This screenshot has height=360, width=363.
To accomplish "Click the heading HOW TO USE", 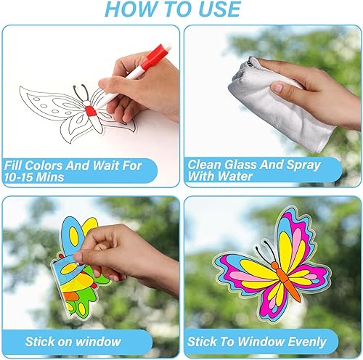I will click(181, 9).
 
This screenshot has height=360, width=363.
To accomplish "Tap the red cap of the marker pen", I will click(155, 57).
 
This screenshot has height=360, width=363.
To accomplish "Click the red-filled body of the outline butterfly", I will click(91, 110).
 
